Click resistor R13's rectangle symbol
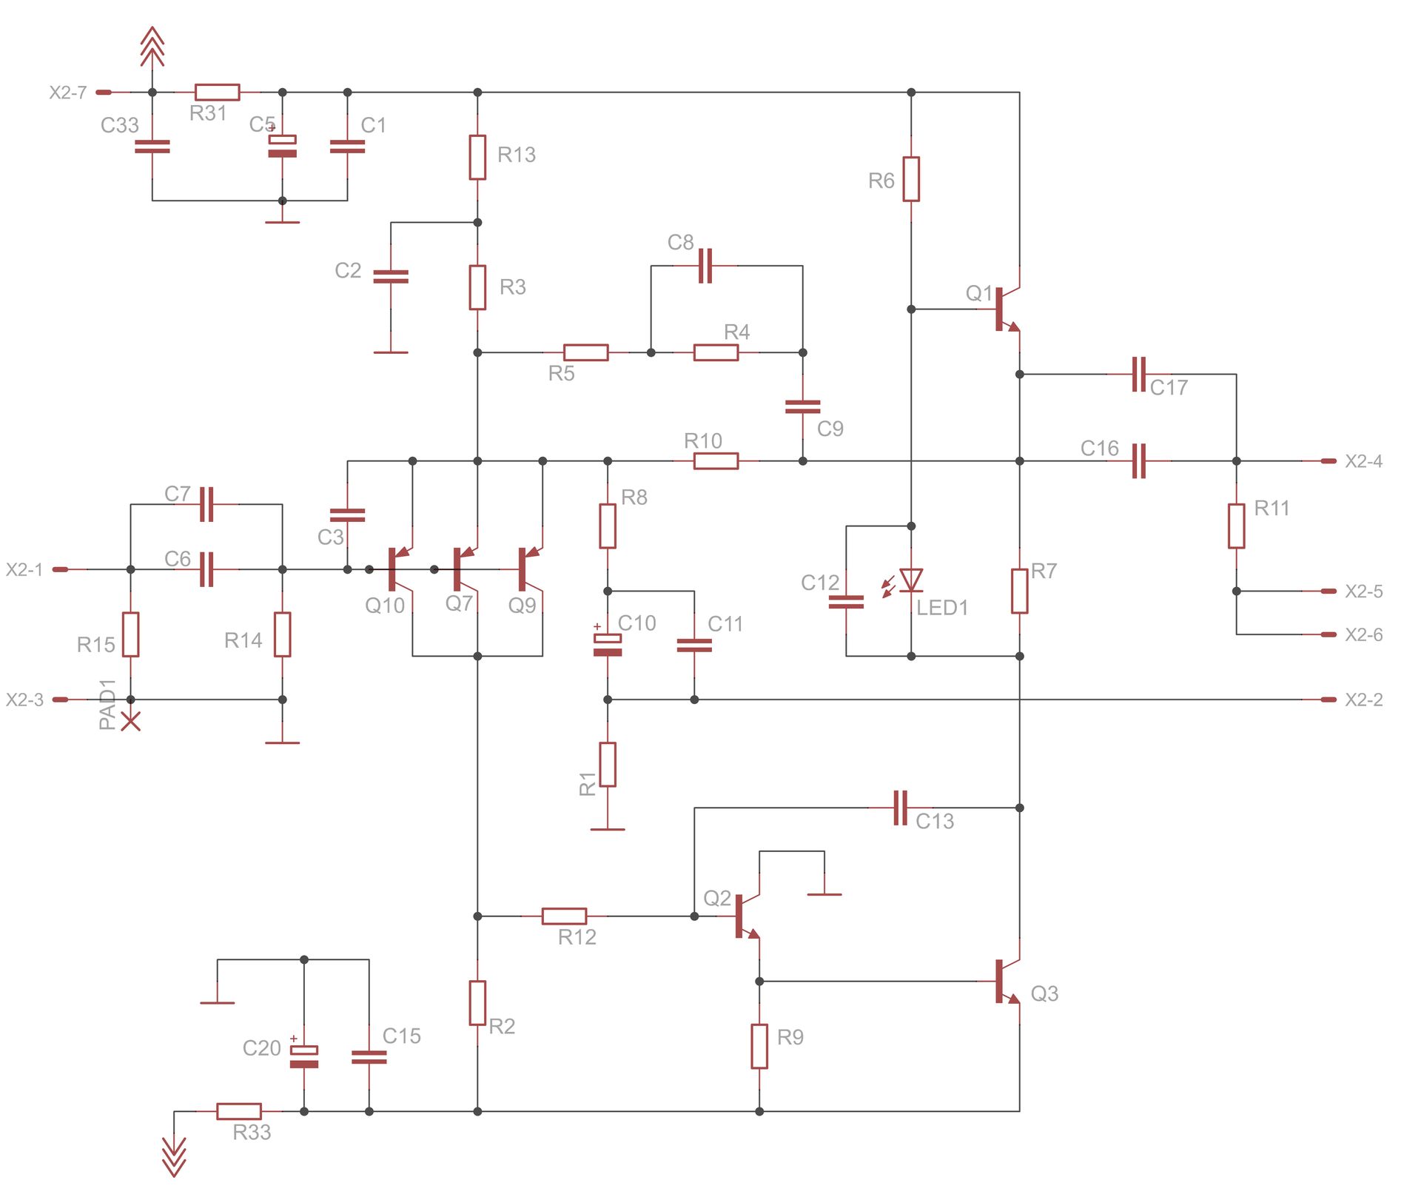point(477,157)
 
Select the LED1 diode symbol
point(910,580)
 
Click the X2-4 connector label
point(1363,461)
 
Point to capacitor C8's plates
point(705,266)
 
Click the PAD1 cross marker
point(131,721)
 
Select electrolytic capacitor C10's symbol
point(608,645)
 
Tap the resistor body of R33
point(238,1111)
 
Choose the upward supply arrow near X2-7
point(152,46)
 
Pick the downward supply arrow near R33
point(174,1156)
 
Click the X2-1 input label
point(24,569)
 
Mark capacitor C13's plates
point(900,808)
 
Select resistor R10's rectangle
point(716,461)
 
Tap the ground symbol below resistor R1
point(608,829)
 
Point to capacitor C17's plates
point(1138,375)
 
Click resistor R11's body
point(1236,526)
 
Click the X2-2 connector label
point(1363,700)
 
